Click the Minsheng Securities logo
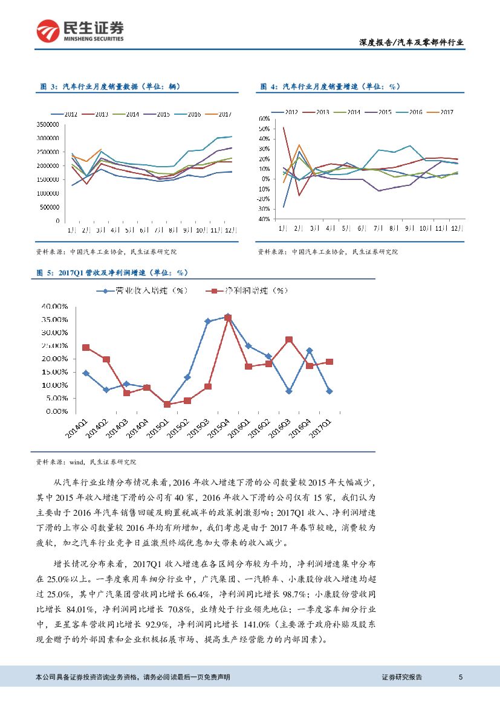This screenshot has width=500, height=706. pyautogui.click(x=80, y=31)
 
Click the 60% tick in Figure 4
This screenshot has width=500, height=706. pyautogui.click(x=264, y=118)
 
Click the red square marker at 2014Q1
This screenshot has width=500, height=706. pyautogui.click(x=86, y=347)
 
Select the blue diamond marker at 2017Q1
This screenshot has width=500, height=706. pyautogui.click(x=329, y=391)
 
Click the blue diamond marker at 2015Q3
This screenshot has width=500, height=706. pyautogui.click(x=207, y=321)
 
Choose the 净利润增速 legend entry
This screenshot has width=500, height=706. pyautogui.click(x=248, y=291)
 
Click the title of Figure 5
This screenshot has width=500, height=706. pyautogui.click(x=114, y=273)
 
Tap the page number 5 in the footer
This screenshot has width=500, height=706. pyautogui.click(x=461, y=677)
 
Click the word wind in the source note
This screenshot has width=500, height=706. pyautogui.click(x=77, y=462)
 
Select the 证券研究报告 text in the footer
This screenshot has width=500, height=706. pyautogui.click(x=402, y=677)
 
